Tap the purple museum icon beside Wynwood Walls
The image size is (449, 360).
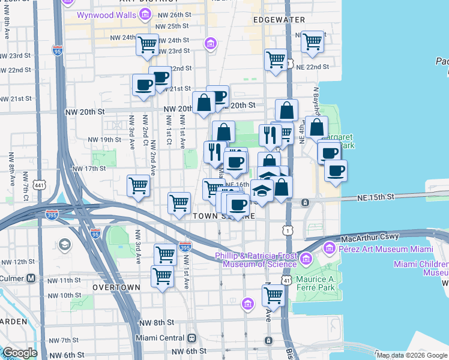[x=144, y=13]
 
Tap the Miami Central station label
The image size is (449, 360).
[x=157, y=338]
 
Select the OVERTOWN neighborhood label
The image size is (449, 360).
[x=116, y=287]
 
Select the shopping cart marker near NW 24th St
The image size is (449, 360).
[x=147, y=44]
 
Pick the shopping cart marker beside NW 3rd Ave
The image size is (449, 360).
[x=139, y=185]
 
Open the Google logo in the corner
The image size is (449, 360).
[x=20, y=353]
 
